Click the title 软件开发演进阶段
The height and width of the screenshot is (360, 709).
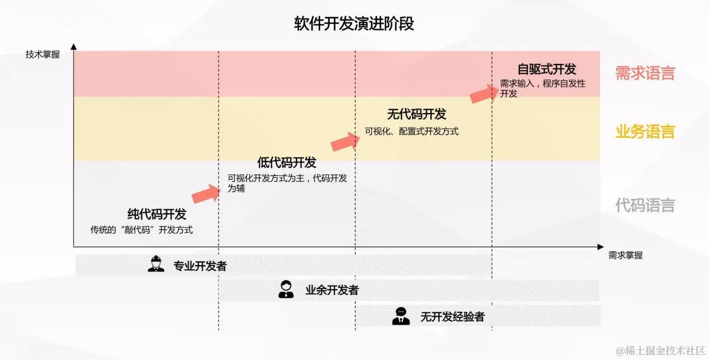click(x=354, y=24)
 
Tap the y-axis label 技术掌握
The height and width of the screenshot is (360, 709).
click(x=43, y=55)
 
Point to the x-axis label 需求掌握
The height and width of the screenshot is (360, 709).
click(x=626, y=255)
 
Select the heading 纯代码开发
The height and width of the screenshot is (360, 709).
click(x=157, y=214)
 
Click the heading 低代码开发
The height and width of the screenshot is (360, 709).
click(x=287, y=162)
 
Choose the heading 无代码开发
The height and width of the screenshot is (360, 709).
click(x=417, y=114)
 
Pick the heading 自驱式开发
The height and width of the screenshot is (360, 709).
click(x=547, y=69)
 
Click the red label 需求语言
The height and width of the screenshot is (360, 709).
click(x=645, y=73)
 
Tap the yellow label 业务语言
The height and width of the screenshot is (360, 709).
click(x=645, y=132)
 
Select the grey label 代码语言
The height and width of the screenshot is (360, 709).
click(x=645, y=205)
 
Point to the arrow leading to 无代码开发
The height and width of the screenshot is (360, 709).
click(x=346, y=142)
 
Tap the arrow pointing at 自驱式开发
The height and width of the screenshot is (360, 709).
click(x=484, y=93)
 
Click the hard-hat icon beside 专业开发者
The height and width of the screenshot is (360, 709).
click(x=156, y=264)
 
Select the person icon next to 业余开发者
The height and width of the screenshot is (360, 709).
click(x=286, y=289)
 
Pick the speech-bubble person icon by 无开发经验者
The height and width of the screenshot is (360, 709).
click(x=400, y=316)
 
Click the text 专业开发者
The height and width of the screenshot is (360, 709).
click(x=200, y=266)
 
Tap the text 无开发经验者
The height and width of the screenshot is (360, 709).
click(x=453, y=317)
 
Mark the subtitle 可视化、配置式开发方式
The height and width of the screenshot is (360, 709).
click(x=412, y=132)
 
